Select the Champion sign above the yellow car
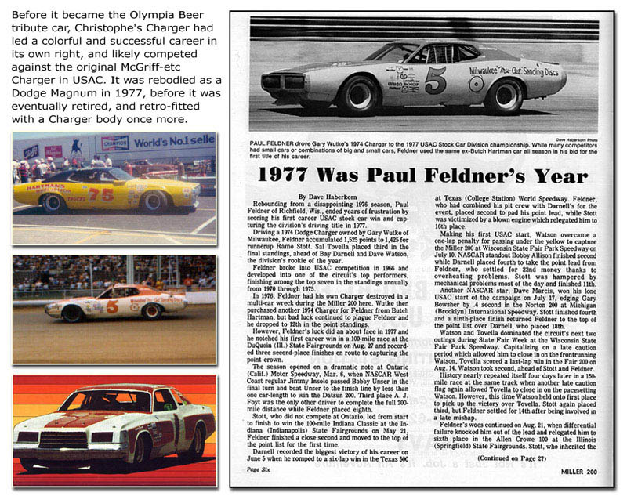click(115, 142)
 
